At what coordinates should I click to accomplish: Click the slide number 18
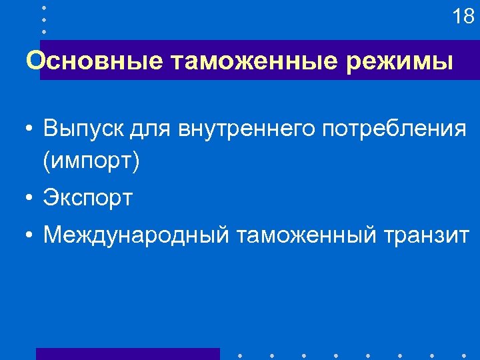463,17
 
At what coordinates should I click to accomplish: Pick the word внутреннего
247,129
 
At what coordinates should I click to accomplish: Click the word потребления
394,129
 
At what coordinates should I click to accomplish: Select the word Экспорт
88,198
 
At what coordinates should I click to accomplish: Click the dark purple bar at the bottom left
127,353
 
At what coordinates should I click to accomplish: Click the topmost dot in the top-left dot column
43,7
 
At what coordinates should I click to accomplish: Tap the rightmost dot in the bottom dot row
463,355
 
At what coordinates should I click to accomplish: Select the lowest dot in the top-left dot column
43,31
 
